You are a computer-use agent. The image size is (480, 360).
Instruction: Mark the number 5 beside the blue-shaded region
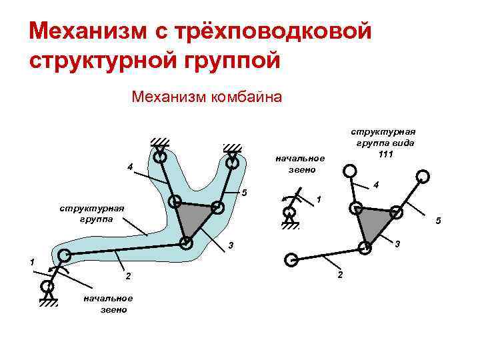pyautogui.click(x=245, y=193)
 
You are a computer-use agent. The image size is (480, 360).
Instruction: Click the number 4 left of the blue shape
pyautogui.click(x=130, y=166)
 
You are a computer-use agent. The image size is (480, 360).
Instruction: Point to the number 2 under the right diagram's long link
pyautogui.click(x=339, y=275)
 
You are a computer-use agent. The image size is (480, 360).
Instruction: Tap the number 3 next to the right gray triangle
pyautogui.click(x=397, y=244)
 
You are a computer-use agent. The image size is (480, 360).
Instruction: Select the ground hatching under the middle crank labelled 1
pyautogui.click(x=289, y=225)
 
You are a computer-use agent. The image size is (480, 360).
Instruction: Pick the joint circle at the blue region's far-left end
pyautogui.click(x=64, y=255)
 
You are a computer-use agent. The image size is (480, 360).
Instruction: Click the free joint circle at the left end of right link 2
pyautogui.click(x=291, y=259)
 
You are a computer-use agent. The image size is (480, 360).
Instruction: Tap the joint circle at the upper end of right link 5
pyautogui.click(x=421, y=177)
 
